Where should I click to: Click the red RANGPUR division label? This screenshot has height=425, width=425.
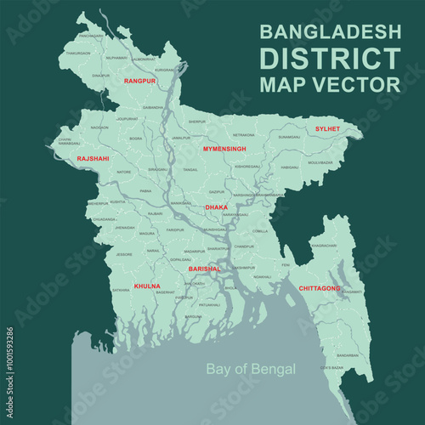point(139,80)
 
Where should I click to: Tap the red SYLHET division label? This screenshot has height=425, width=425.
point(327,128)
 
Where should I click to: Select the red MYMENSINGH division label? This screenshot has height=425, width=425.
point(224,149)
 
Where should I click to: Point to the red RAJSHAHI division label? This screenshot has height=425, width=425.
point(93,158)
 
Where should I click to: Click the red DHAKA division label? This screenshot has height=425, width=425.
point(217,207)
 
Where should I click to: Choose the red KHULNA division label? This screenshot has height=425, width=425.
point(147,286)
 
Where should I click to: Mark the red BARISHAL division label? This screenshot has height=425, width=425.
point(204,269)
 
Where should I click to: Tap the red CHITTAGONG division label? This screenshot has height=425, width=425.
point(320,288)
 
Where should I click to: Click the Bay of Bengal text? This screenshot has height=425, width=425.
point(252,369)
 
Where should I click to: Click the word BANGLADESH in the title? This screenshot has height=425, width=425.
point(330,32)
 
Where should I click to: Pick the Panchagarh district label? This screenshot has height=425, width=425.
point(90,37)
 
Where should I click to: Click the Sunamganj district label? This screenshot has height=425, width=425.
point(289,136)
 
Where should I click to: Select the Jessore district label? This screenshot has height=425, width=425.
point(126,254)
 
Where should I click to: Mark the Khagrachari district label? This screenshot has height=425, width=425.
point(324,246)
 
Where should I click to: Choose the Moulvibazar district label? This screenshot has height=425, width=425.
point(320,161)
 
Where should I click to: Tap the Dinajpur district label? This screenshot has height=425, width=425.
point(101,75)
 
